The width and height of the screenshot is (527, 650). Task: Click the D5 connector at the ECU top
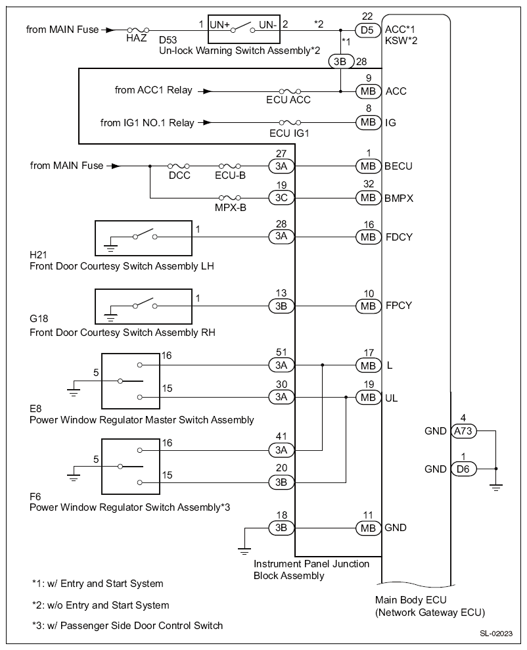click(x=367, y=30)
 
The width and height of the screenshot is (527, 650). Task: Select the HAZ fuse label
click(x=136, y=38)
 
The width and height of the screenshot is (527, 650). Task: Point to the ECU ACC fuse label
click(x=288, y=100)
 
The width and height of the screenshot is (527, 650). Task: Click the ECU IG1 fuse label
click(x=289, y=133)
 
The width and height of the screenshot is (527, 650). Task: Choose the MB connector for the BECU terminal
click(x=368, y=166)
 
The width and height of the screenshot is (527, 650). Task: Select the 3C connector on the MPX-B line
click(x=281, y=198)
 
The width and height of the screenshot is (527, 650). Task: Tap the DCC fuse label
click(x=179, y=175)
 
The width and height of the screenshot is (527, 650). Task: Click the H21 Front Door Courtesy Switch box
click(x=143, y=238)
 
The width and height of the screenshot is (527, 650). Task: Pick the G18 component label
click(x=39, y=318)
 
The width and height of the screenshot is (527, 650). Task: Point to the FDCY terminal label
click(x=399, y=237)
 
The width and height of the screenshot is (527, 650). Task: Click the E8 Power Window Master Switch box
click(x=131, y=381)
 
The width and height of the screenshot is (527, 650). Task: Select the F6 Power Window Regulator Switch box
click(x=131, y=467)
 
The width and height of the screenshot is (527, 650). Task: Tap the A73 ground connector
click(x=463, y=431)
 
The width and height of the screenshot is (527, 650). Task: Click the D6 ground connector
click(x=463, y=469)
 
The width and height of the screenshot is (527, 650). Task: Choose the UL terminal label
click(x=391, y=398)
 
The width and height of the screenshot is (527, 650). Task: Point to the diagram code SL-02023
click(x=496, y=634)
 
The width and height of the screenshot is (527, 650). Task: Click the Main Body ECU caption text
click(x=430, y=606)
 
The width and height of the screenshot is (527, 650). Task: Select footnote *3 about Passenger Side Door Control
click(x=127, y=626)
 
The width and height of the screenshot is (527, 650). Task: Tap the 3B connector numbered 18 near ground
click(x=281, y=528)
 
